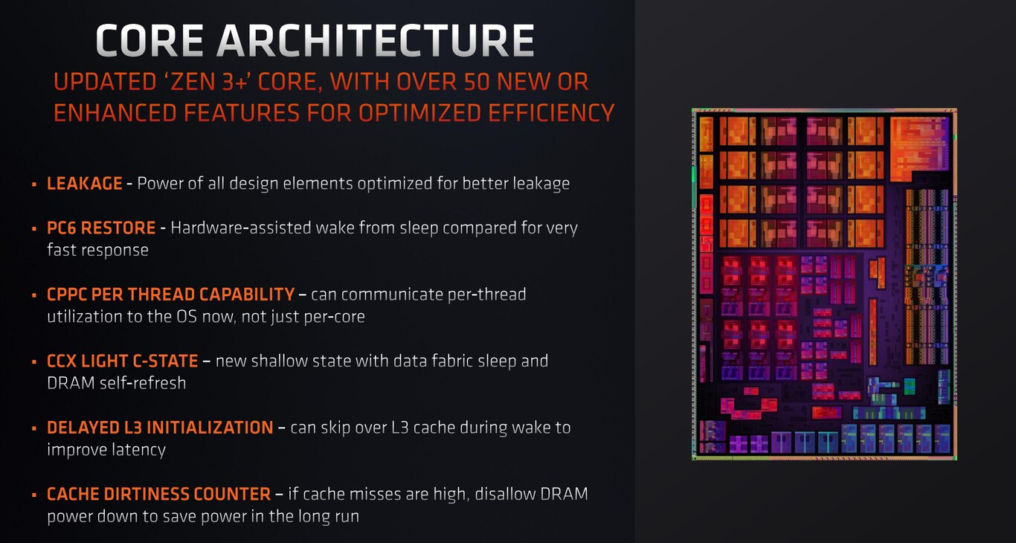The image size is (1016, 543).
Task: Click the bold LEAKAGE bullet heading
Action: tap(85, 183)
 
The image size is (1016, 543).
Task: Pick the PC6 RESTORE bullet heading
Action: tap(101, 228)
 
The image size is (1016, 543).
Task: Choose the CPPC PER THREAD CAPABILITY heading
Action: tap(170, 295)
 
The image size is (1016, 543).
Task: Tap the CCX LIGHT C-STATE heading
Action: tap(123, 362)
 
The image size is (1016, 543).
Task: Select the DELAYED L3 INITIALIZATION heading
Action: tap(160, 428)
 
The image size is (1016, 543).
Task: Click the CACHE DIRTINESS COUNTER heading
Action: tap(158, 494)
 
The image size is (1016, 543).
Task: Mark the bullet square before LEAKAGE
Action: tap(34, 184)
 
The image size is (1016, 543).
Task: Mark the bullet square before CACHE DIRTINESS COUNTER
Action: tap(34, 495)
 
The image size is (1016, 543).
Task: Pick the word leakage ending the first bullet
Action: tap(541, 183)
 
